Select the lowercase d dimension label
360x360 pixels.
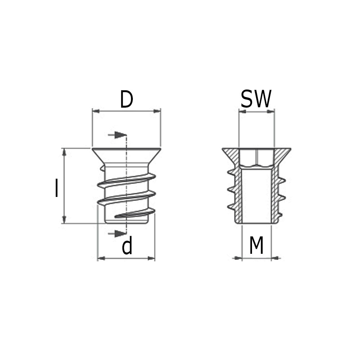point(127,247)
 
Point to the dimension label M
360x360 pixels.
point(256,246)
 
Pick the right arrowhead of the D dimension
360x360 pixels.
point(157,111)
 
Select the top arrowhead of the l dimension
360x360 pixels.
point(64,152)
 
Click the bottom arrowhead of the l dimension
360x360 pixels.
point(64,219)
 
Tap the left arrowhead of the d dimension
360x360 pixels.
point(101,258)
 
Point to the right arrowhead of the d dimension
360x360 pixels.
point(151,258)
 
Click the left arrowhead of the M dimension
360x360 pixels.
point(238,258)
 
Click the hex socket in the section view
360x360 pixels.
point(257,158)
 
